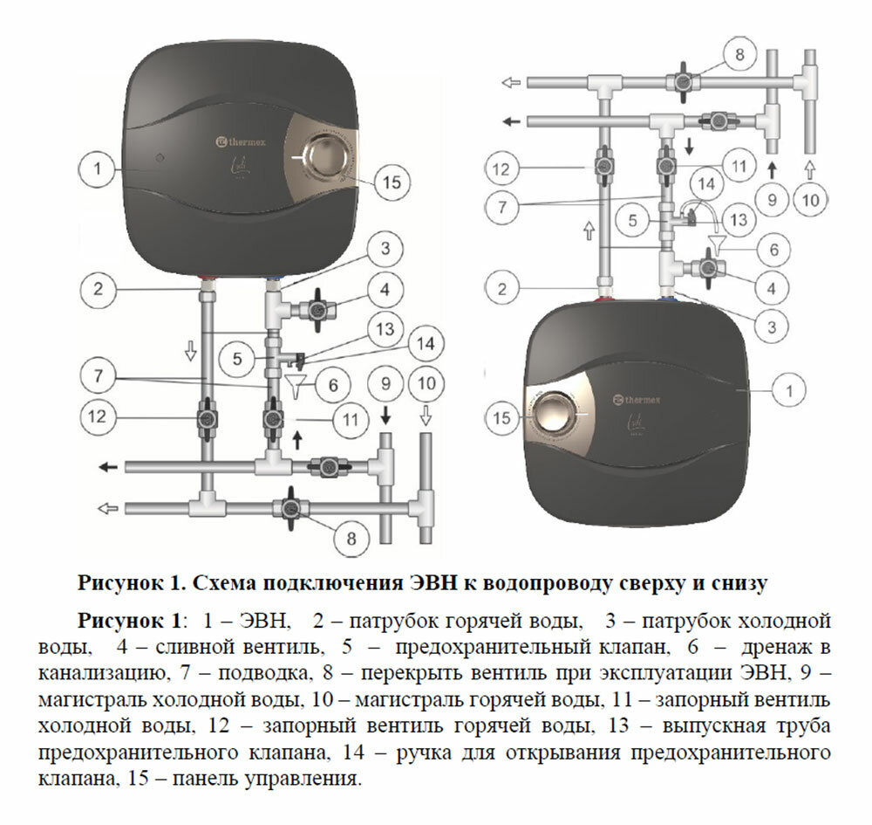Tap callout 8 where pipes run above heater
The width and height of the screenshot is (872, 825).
click(x=739, y=55)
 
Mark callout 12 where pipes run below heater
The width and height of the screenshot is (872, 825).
click(x=101, y=417)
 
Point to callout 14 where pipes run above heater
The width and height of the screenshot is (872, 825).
click(x=706, y=184)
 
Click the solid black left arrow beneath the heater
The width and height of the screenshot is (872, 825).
click(x=108, y=467)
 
